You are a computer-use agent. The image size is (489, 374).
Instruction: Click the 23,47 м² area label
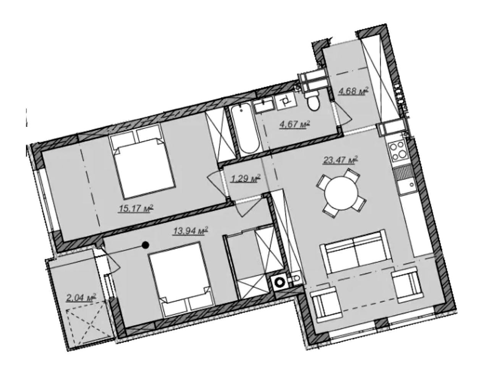pyautogui.click(x=340, y=160)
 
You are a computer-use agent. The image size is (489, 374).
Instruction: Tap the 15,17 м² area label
pyautogui.click(x=136, y=208)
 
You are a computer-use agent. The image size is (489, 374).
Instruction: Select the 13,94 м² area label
pyautogui.click(x=191, y=230)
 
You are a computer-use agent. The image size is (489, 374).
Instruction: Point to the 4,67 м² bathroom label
pyautogui.click(x=295, y=124)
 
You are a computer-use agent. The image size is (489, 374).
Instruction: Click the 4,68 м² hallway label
pyautogui.click(x=353, y=91)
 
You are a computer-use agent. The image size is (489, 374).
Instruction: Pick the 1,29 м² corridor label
pyautogui.click(x=246, y=178)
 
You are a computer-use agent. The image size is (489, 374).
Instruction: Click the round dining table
pyautogui.click(x=341, y=193)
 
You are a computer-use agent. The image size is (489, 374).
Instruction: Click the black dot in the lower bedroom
pyautogui.click(x=145, y=245)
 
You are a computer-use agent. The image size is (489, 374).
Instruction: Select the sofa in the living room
pyautogui.click(x=355, y=251)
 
